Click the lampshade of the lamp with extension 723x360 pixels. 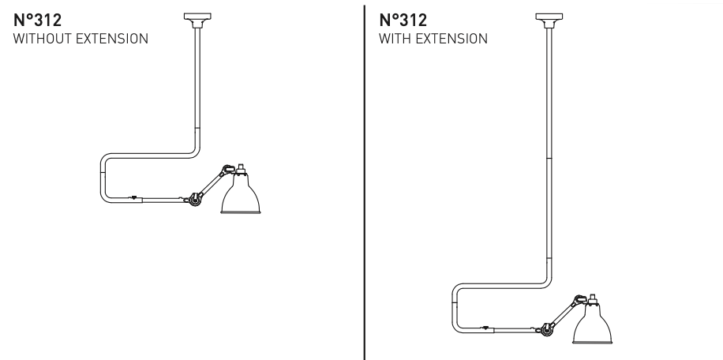click(593, 325)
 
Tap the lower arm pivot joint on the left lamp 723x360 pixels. click(192, 201)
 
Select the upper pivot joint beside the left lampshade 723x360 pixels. click(226, 169)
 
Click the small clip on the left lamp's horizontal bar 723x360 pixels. click(133, 197)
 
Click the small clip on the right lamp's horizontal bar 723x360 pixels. click(485, 326)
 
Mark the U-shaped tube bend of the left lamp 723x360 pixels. click(103, 178)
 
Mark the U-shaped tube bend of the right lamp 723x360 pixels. click(456, 307)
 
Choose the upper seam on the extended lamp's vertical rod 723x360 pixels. click(547, 159)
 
